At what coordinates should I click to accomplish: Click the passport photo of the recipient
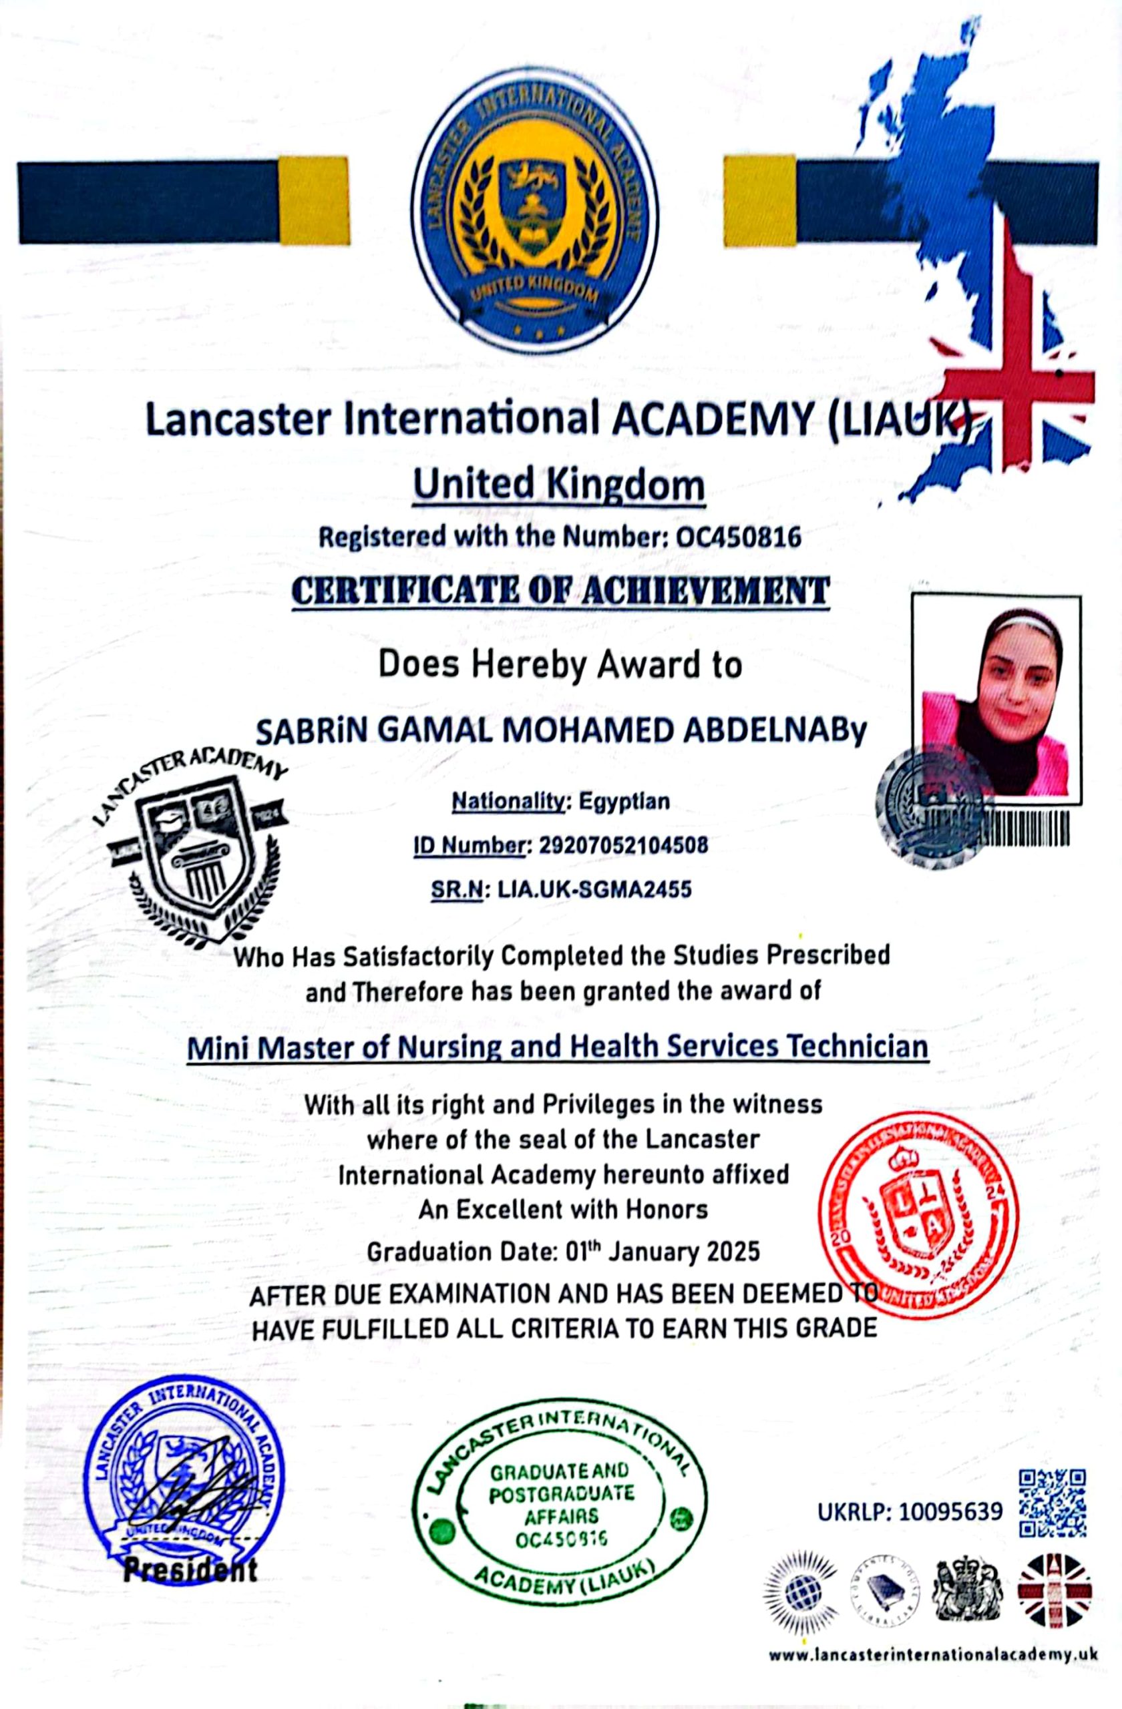pos(996,701)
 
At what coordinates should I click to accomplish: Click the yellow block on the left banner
pos(314,201)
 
